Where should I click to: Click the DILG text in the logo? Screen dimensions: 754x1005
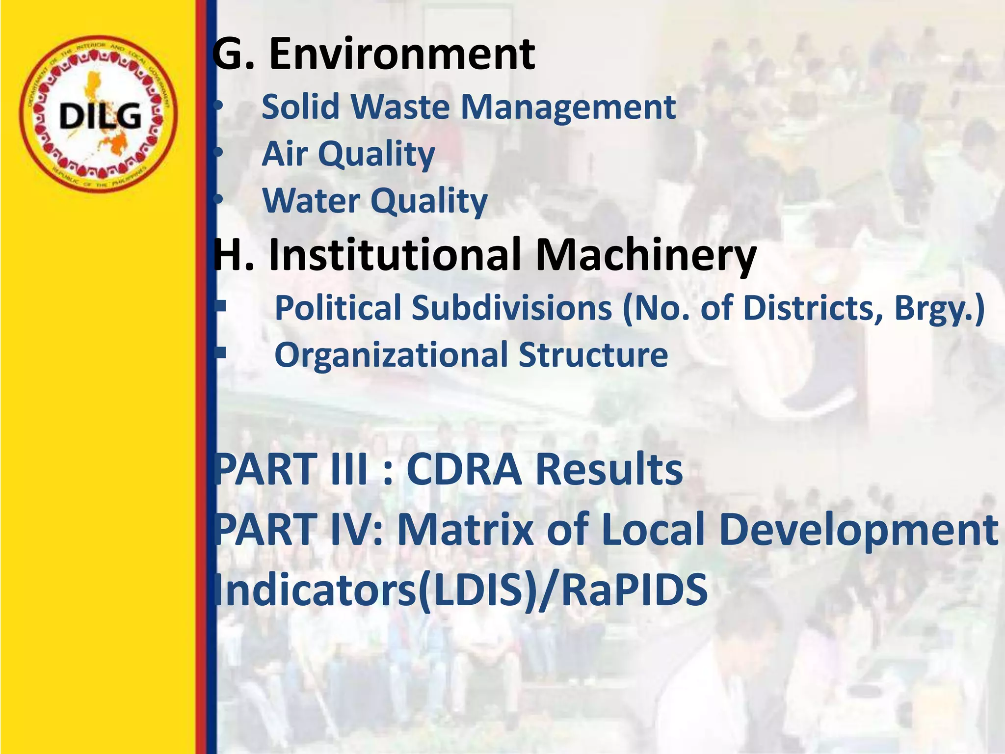[x=100, y=116]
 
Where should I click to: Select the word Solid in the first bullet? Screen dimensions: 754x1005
[x=300, y=107]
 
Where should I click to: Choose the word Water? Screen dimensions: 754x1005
[x=311, y=201]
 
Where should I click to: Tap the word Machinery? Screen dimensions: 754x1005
[x=645, y=255]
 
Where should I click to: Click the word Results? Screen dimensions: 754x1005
[x=608, y=470]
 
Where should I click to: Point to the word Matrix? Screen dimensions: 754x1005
[x=465, y=530]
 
